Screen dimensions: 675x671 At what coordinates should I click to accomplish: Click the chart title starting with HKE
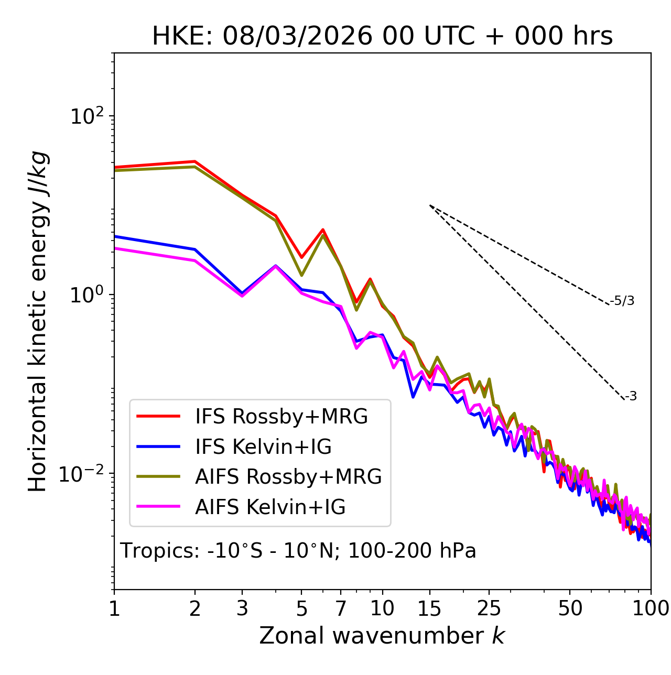pyautogui.click(x=382, y=36)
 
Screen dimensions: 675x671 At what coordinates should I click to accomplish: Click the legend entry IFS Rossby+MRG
pyautogui.click(x=281, y=416)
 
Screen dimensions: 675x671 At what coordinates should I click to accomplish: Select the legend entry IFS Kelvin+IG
pyautogui.click(x=263, y=447)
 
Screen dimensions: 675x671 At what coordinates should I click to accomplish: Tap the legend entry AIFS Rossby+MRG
pyautogui.click(x=288, y=477)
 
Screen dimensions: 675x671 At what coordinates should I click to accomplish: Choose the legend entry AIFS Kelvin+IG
pyautogui.click(x=270, y=507)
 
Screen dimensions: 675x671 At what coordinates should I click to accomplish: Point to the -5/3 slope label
pyautogui.click(x=622, y=301)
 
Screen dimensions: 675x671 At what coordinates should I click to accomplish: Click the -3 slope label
pyautogui.click(x=631, y=397)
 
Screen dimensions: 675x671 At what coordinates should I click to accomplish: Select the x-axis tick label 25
pyautogui.click(x=489, y=608)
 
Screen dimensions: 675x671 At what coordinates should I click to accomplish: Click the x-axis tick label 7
pyautogui.click(x=341, y=608)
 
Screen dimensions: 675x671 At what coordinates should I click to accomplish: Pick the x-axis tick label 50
pyautogui.click(x=570, y=608)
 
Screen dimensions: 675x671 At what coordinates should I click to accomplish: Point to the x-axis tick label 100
pyautogui.click(x=651, y=608)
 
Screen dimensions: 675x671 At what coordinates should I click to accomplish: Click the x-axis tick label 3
pyautogui.click(x=242, y=608)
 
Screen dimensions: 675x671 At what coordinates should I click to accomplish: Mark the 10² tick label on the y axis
pyautogui.click(x=87, y=116)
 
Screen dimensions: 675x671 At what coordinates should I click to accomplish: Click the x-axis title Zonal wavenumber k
pyautogui.click(x=382, y=636)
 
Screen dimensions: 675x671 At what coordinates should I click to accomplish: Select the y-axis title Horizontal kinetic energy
pyautogui.click(x=38, y=322)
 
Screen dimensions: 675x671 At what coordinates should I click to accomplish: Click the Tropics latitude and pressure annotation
pyautogui.click(x=298, y=551)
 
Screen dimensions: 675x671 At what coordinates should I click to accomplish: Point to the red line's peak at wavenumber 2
pyautogui.click(x=195, y=161)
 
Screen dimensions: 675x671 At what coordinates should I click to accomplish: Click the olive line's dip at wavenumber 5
pyautogui.click(x=301, y=275)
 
